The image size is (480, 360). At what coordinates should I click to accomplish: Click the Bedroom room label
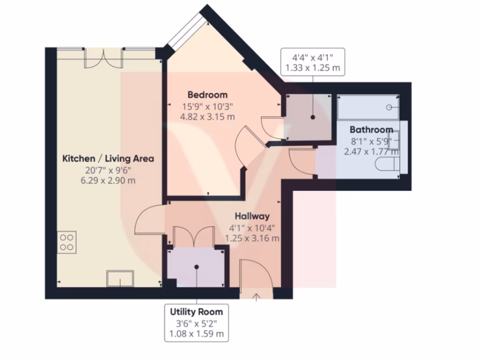(208, 95)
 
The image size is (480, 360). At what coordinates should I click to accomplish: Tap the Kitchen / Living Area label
(108, 158)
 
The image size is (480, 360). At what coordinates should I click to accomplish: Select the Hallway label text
(252, 216)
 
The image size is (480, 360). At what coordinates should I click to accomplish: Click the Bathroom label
(371, 129)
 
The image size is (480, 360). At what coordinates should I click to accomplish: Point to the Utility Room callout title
(196, 312)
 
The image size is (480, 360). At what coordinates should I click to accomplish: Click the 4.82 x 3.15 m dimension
(208, 117)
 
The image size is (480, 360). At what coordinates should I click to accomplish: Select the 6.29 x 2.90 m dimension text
(108, 180)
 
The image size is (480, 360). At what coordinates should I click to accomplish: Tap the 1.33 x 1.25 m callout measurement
(312, 68)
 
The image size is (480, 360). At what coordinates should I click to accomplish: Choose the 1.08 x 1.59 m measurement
(196, 335)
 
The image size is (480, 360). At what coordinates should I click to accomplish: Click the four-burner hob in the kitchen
(67, 242)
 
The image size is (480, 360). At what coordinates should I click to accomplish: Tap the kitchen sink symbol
(120, 278)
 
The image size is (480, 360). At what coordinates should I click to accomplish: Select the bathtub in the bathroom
(367, 107)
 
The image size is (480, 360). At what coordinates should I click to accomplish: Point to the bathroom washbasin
(394, 139)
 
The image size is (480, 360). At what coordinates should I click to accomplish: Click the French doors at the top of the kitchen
(104, 58)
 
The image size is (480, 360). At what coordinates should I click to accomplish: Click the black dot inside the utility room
(197, 267)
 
